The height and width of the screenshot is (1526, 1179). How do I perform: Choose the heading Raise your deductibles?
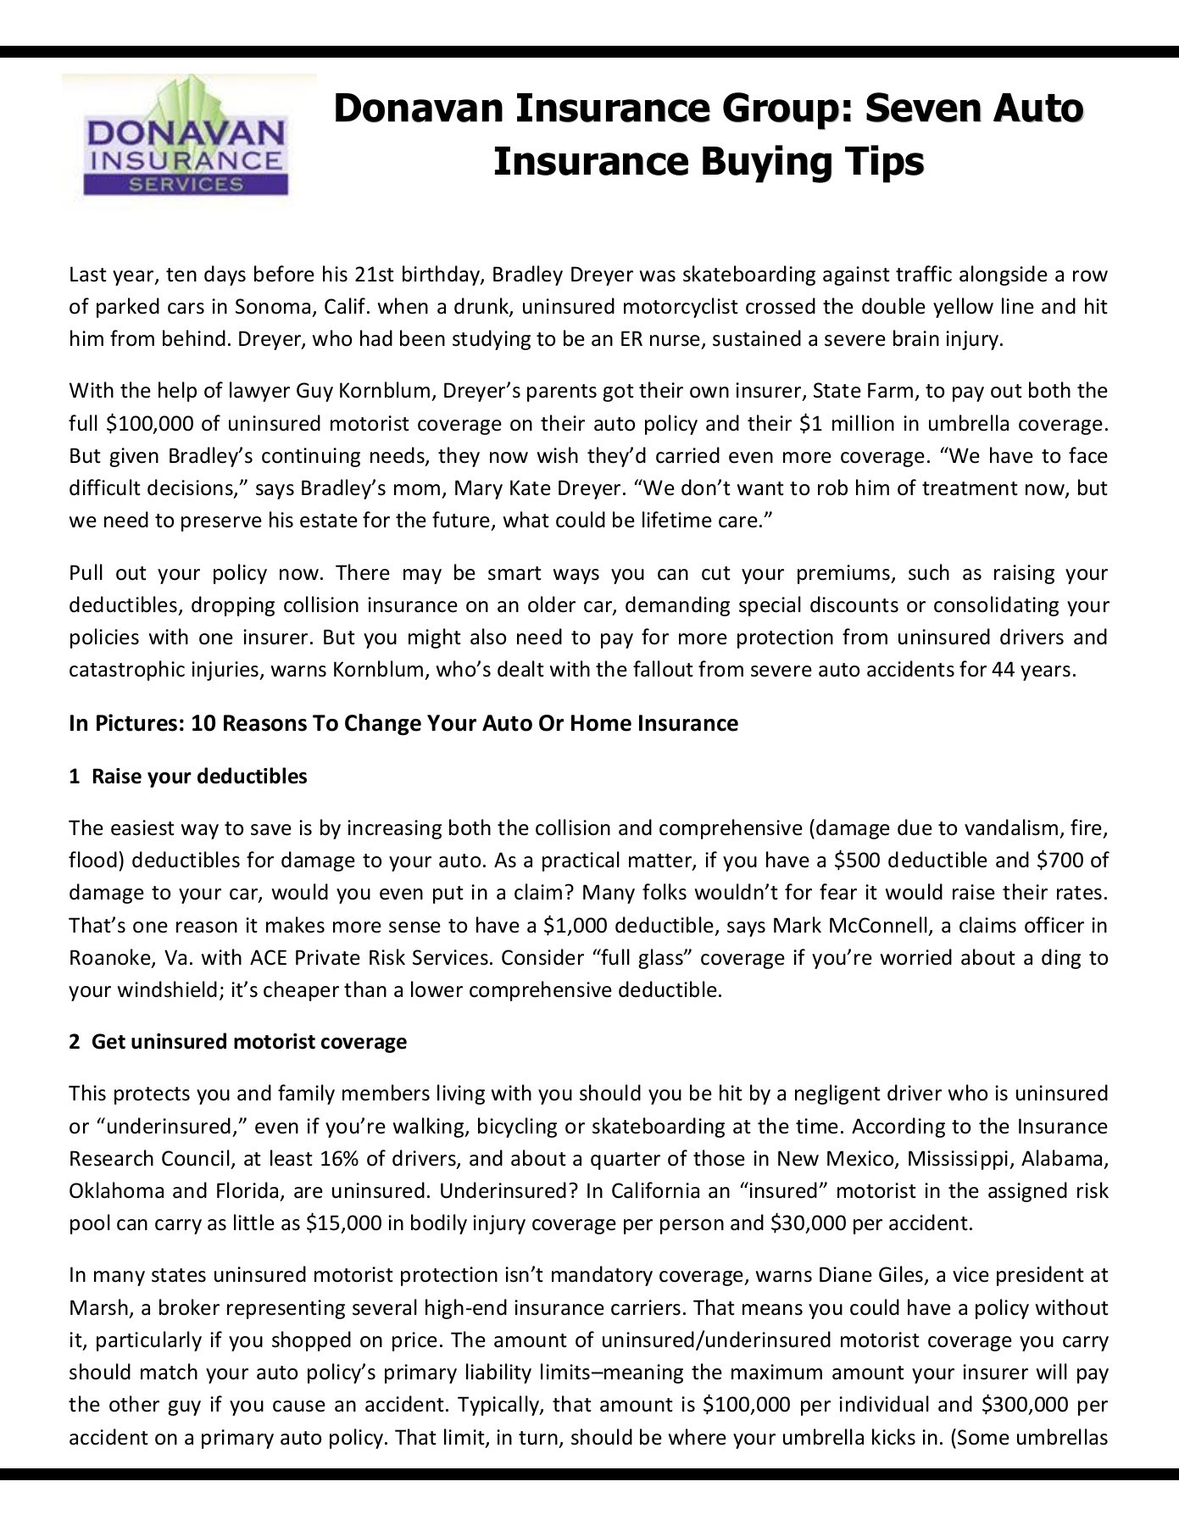coord(199,776)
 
